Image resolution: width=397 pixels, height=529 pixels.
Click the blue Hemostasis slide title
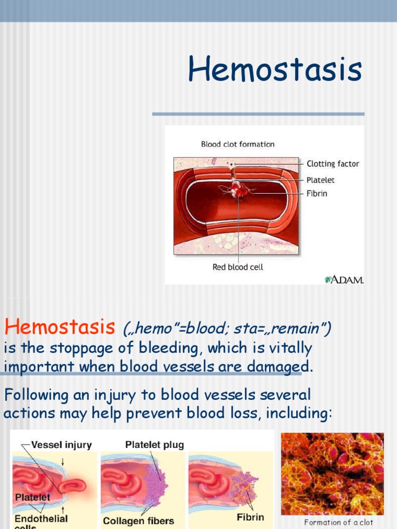click(x=274, y=70)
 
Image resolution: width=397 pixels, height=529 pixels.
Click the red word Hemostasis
click(x=59, y=326)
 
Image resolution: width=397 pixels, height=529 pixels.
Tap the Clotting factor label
click(x=332, y=164)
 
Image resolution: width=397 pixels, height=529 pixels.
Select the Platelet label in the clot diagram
click(x=320, y=180)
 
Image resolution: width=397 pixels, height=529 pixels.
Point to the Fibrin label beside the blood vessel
click(x=317, y=194)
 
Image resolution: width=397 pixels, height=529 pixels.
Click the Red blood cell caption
click(x=238, y=267)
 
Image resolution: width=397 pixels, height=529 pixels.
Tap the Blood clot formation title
click(x=238, y=144)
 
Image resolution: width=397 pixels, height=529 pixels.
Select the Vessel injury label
click(x=62, y=445)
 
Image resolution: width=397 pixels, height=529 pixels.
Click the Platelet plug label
click(x=155, y=445)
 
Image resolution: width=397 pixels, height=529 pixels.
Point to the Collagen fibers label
click(x=139, y=521)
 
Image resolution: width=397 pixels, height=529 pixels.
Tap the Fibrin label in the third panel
click(x=250, y=517)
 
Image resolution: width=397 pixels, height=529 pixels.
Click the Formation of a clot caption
click(x=339, y=522)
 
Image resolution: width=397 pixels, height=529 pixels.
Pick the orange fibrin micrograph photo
click(x=332, y=474)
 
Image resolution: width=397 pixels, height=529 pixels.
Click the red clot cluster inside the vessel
click(x=238, y=189)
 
